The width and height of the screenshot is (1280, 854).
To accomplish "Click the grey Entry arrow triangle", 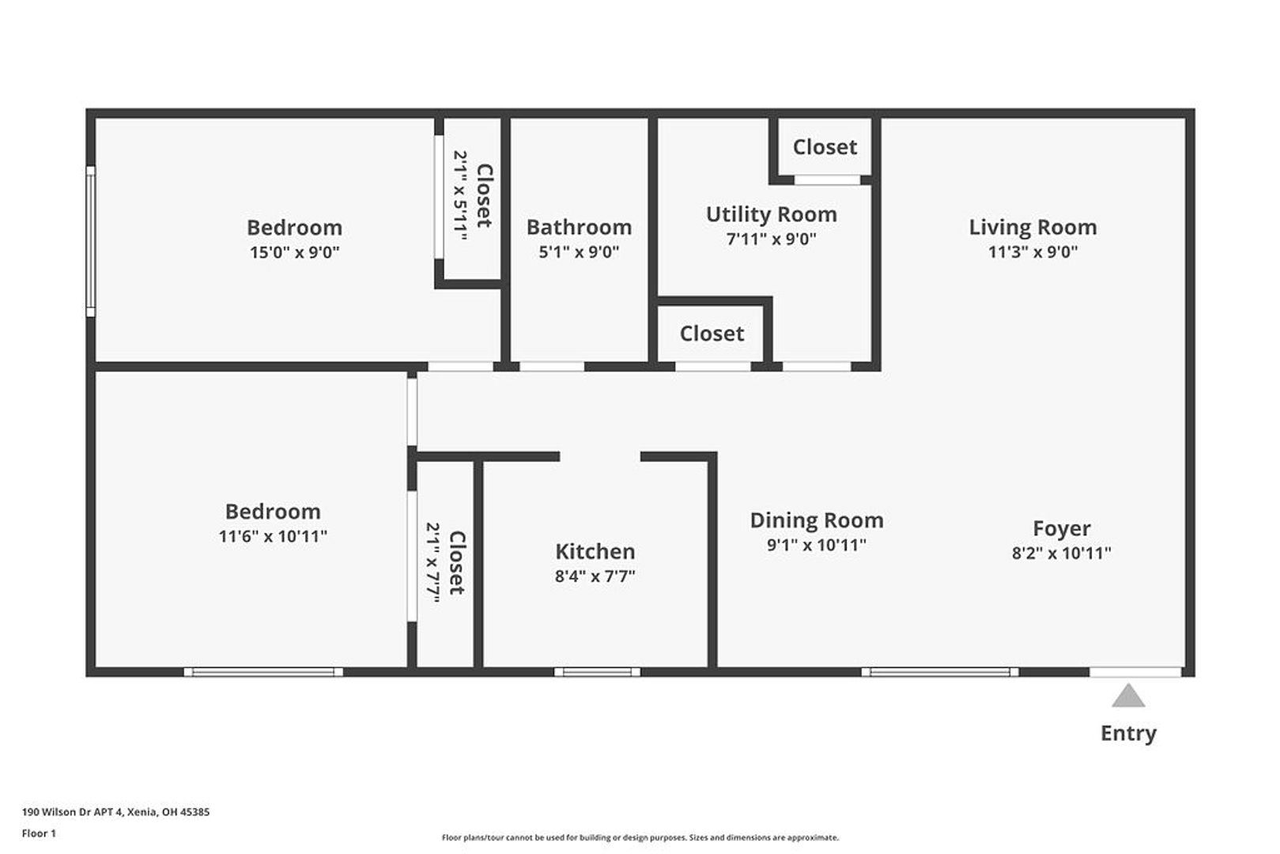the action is tap(1128, 696).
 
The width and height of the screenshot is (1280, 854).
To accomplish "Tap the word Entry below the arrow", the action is tap(1128, 733).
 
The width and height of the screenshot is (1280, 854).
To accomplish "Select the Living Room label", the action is tap(1033, 228).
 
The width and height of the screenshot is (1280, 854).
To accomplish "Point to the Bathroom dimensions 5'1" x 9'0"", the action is tap(579, 252).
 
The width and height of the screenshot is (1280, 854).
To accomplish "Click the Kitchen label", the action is tap(595, 552).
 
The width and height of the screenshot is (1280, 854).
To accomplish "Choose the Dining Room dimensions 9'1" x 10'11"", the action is tap(817, 546).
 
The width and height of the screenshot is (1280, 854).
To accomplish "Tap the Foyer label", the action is tap(1062, 529).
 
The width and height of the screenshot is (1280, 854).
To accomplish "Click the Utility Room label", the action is tap(772, 215).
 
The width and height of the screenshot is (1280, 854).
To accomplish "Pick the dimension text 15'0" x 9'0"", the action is tap(295, 253).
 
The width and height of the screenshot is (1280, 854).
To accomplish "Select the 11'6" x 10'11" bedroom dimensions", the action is tap(273, 537).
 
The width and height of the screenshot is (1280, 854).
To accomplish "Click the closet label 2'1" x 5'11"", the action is tap(461, 195).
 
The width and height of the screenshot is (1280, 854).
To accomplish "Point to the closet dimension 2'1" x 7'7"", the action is tap(434, 562).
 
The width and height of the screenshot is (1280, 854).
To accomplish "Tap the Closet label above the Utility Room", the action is tap(825, 148).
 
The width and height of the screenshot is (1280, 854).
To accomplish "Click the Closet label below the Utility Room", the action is tap(712, 334).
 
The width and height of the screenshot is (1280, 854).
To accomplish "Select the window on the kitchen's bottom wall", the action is tap(597, 672).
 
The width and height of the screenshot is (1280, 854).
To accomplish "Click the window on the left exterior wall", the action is tap(90, 241).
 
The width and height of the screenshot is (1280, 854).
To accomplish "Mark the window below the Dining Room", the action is tap(940, 672).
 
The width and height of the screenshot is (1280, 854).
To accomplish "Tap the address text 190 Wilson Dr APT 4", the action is tap(73, 812).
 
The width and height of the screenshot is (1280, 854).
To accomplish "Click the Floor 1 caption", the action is tap(39, 833).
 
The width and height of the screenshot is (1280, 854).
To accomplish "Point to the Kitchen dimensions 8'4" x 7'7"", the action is tap(595, 576).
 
